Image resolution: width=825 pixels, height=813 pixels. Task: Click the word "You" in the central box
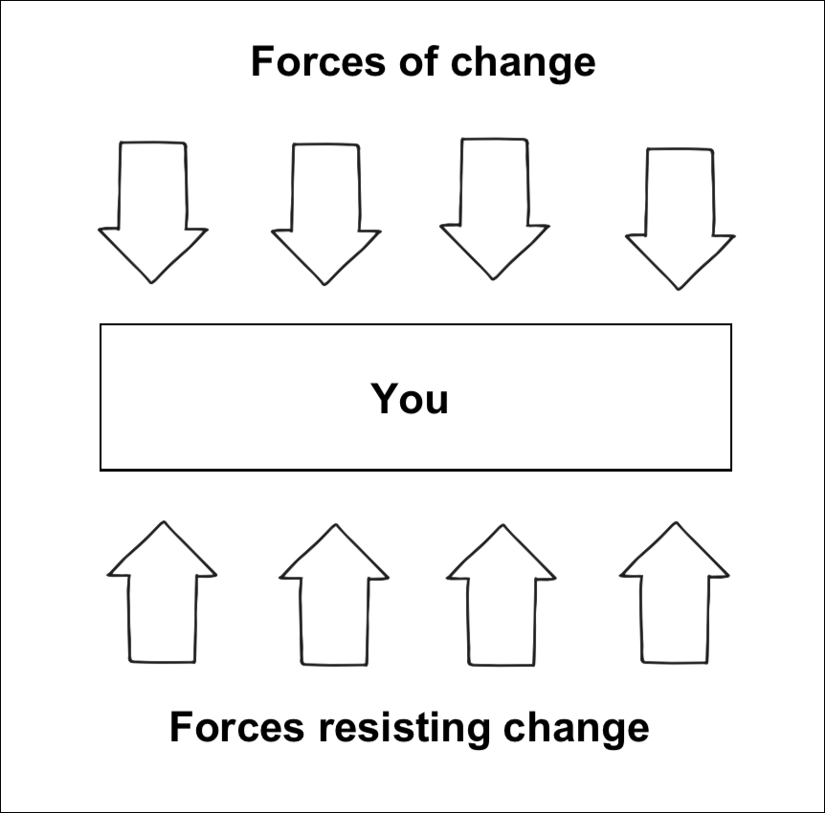pos(410,398)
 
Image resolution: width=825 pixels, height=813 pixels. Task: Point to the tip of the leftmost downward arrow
pos(152,282)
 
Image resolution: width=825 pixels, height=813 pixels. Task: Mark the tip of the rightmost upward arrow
pos(676,523)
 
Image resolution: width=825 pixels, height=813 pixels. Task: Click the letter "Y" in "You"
pos(384,398)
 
